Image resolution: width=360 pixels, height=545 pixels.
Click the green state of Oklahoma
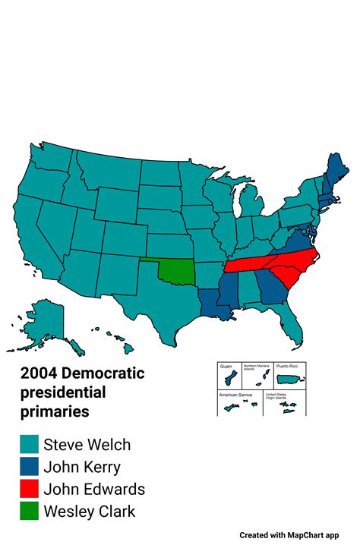pyautogui.click(x=176, y=272)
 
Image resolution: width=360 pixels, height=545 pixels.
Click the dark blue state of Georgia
pyautogui.click(x=267, y=290)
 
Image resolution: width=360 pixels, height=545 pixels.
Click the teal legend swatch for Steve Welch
pyautogui.click(x=30, y=445)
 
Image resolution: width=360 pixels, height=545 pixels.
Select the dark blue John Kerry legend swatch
pyautogui.click(x=30, y=467)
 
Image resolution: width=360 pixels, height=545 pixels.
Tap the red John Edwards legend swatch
pyautogui.click(x=30, y=489)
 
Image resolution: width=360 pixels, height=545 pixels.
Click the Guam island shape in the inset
pyautogui.click(x=226, y=380)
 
